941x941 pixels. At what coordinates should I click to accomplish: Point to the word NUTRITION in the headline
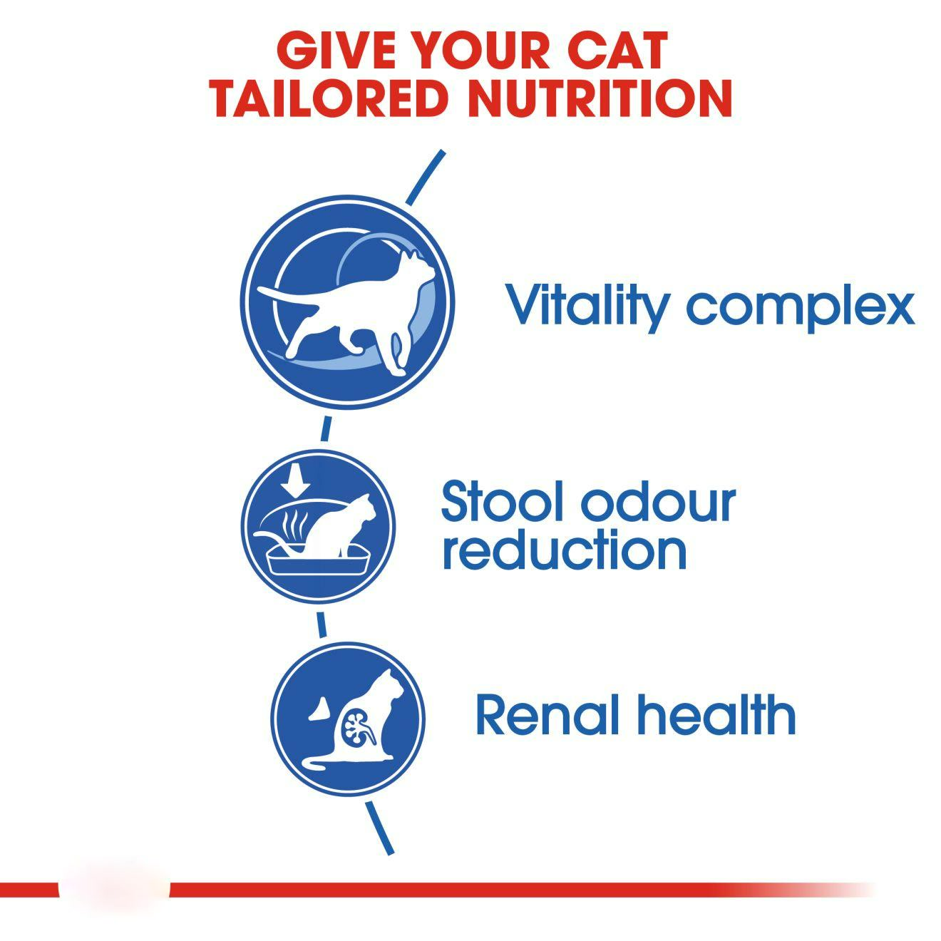[x=599, y=98]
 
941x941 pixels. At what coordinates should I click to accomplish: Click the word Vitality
[x=585, y=307]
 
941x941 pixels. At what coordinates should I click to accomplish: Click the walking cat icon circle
[x=348, y=302]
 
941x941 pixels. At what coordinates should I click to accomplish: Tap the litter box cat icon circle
[x=318, y=526]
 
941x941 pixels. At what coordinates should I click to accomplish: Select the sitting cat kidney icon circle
[x=348, y=719]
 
